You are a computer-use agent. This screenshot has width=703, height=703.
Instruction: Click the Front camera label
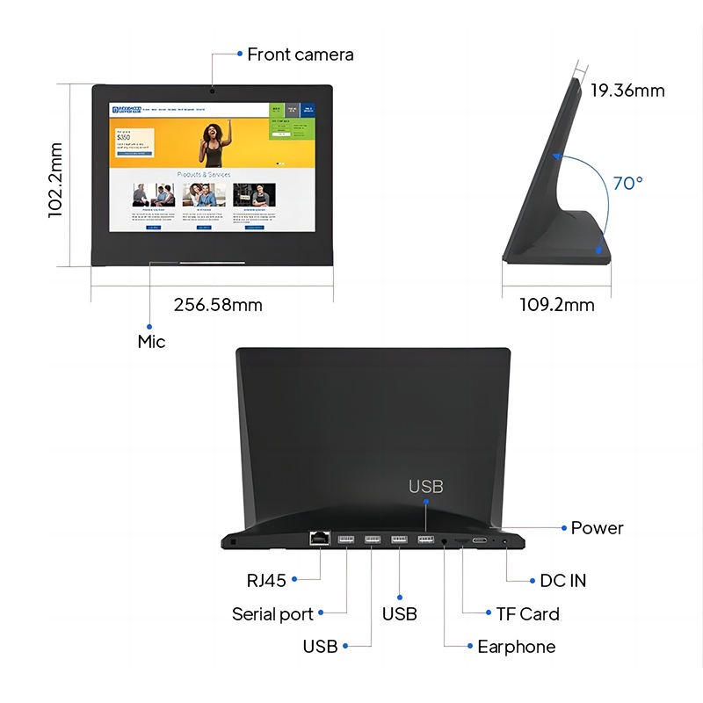pyautogui.click(x=300, y=54)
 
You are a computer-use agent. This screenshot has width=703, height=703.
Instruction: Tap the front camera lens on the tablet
pyautogui.click(x=213, y=90)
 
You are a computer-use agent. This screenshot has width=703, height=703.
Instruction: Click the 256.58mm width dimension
pyautogui.click(x=218, y=305)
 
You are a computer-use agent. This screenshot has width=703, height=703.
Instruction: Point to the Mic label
pyautogui.click(x=151, y=341)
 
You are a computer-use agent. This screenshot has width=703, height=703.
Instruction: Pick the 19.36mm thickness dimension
pyautogui.click(x=627, y=90)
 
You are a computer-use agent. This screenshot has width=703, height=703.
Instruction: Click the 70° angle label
pyautogui.click(x=627, y=184)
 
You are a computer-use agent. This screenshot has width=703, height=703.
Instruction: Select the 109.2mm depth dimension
pyautogui.click(x=556, y=305)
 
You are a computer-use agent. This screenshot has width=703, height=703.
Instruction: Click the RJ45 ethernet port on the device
pyautogui.click(x=319, y=539)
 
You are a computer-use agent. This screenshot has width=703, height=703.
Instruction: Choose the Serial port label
pyautogui.click(x=272, y=614)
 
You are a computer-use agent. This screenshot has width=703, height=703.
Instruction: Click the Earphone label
pyautogui.click(x=516, y=647)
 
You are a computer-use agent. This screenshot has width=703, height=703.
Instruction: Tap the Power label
pyautogui.click(x=597, y=528)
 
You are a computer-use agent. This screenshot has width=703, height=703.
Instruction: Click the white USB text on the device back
pyautogui.click(x=426, y=486)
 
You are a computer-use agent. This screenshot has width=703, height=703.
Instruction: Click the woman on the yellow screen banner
pyautogui.click(x=215, y=143)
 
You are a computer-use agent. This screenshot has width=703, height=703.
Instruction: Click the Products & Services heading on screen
pyautogui.click(x=204, y=174)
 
